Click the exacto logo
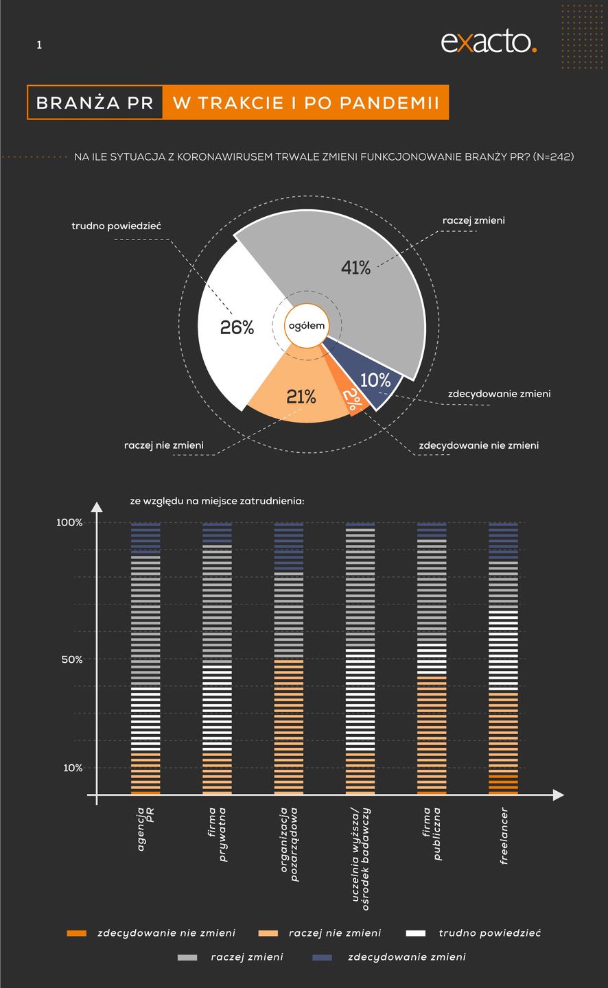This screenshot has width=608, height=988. pyautogui.click(x=488, y=42)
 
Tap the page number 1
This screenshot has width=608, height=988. pyautogui.click(x=39, y=45)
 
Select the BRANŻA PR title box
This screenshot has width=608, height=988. pyautogui.click(x=95, y=103)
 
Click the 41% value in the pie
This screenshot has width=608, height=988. pyautogui.click(x=355, y=268)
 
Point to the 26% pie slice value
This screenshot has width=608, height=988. pyautogui.click(x=237, y=327)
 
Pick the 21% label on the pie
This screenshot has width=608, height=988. pyautogui.click(x=301, y=397)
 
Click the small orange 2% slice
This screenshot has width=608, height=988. pyautogui.click(x=351, y=400)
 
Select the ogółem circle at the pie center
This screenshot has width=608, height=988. pyautogui.click(x=306, y=326)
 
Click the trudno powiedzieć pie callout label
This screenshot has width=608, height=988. pyautogui.click(x=117, y=226)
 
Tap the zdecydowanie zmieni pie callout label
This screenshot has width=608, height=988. pyautogui.click(x=499, y=394)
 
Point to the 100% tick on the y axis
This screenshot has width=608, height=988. pyautogui.click(x=69, y=523)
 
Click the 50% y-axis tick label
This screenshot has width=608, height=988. pyautogui.click(x=71, y=660)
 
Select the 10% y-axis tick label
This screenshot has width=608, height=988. pyautogui.click(x=73, y=768)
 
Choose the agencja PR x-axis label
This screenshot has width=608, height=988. pyautogui.click(x=145, y=828)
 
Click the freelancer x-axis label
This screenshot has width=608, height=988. pyautogui.click(x=504, y=835)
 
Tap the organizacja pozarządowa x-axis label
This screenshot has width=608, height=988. pyautogui.click(x=289, y=844)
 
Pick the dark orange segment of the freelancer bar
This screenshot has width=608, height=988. pyautogui.click(x=503, y=784)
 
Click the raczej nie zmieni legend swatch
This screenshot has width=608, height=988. pyautogui.click(x=268, y=933)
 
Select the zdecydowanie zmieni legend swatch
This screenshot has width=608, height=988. pyautogui.click(x=322, y=957)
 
